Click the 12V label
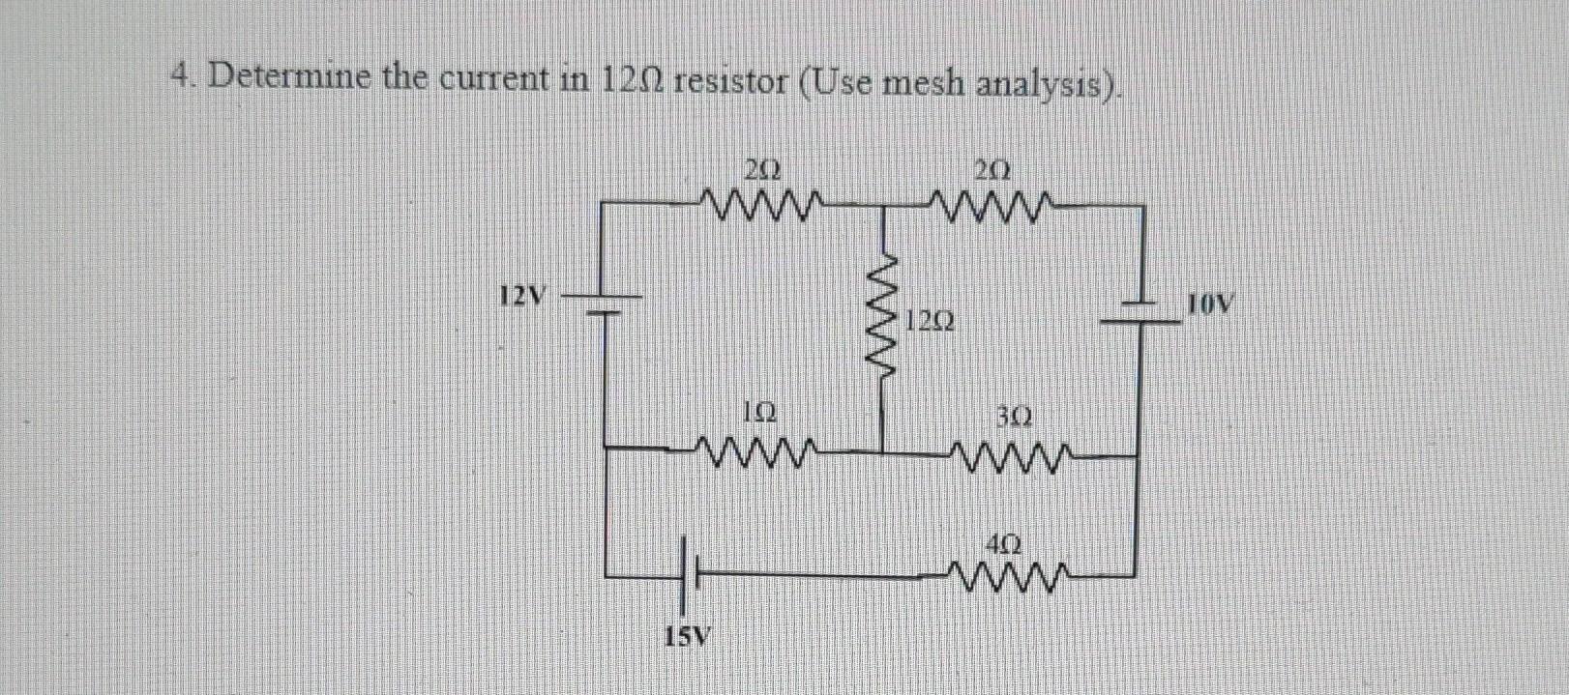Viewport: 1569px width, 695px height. [x=523, y=294]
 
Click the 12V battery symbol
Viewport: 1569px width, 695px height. [x=605, y=304]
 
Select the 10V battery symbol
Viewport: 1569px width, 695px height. [x=1141, y=314]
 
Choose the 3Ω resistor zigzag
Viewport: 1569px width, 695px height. [x=1012, y=453]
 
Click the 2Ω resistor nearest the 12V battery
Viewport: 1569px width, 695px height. [x=763, y=205]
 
